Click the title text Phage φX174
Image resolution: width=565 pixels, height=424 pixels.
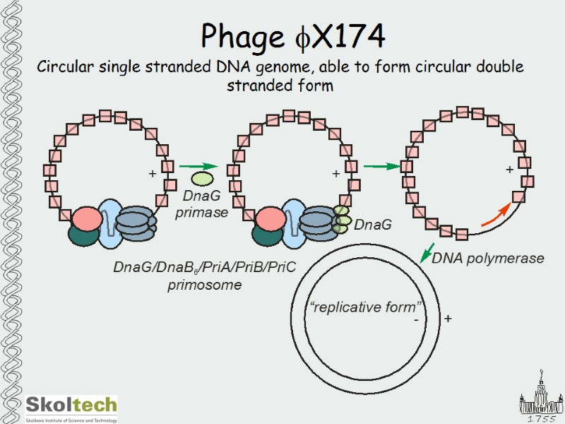click(x=292, y=35)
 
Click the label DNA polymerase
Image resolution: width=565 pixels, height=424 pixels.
click(x=487, y=259)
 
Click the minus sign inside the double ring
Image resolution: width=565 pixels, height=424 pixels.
click(x=416, y=319)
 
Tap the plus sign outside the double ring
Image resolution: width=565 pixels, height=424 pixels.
click(x=448, y=319)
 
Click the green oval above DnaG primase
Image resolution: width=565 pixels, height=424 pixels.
click(x=202, y=179)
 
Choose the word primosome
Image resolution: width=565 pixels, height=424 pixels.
click(x=205, y=285)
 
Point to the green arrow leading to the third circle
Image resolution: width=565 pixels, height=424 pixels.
click(x=381, y=167)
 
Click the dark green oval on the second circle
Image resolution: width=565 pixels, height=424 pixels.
click(x=268, y=237)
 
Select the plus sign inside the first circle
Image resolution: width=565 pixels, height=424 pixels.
click(x=152, y=173)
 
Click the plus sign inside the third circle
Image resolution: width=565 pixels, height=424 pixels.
click(x=509, y=170)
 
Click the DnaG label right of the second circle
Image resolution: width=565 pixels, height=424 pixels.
click(x=372, y=225)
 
